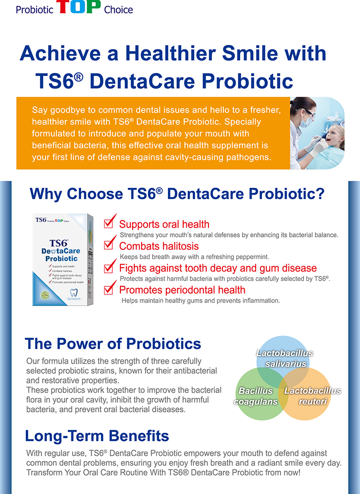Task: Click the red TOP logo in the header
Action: tap(79, 7)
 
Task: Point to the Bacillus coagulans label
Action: tap(256, 396)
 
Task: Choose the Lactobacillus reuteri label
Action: tap(312, 396)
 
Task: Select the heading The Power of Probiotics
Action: tap(113, 343)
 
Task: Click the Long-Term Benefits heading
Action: tap(97, 436)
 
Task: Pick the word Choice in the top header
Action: tap(118, 9)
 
